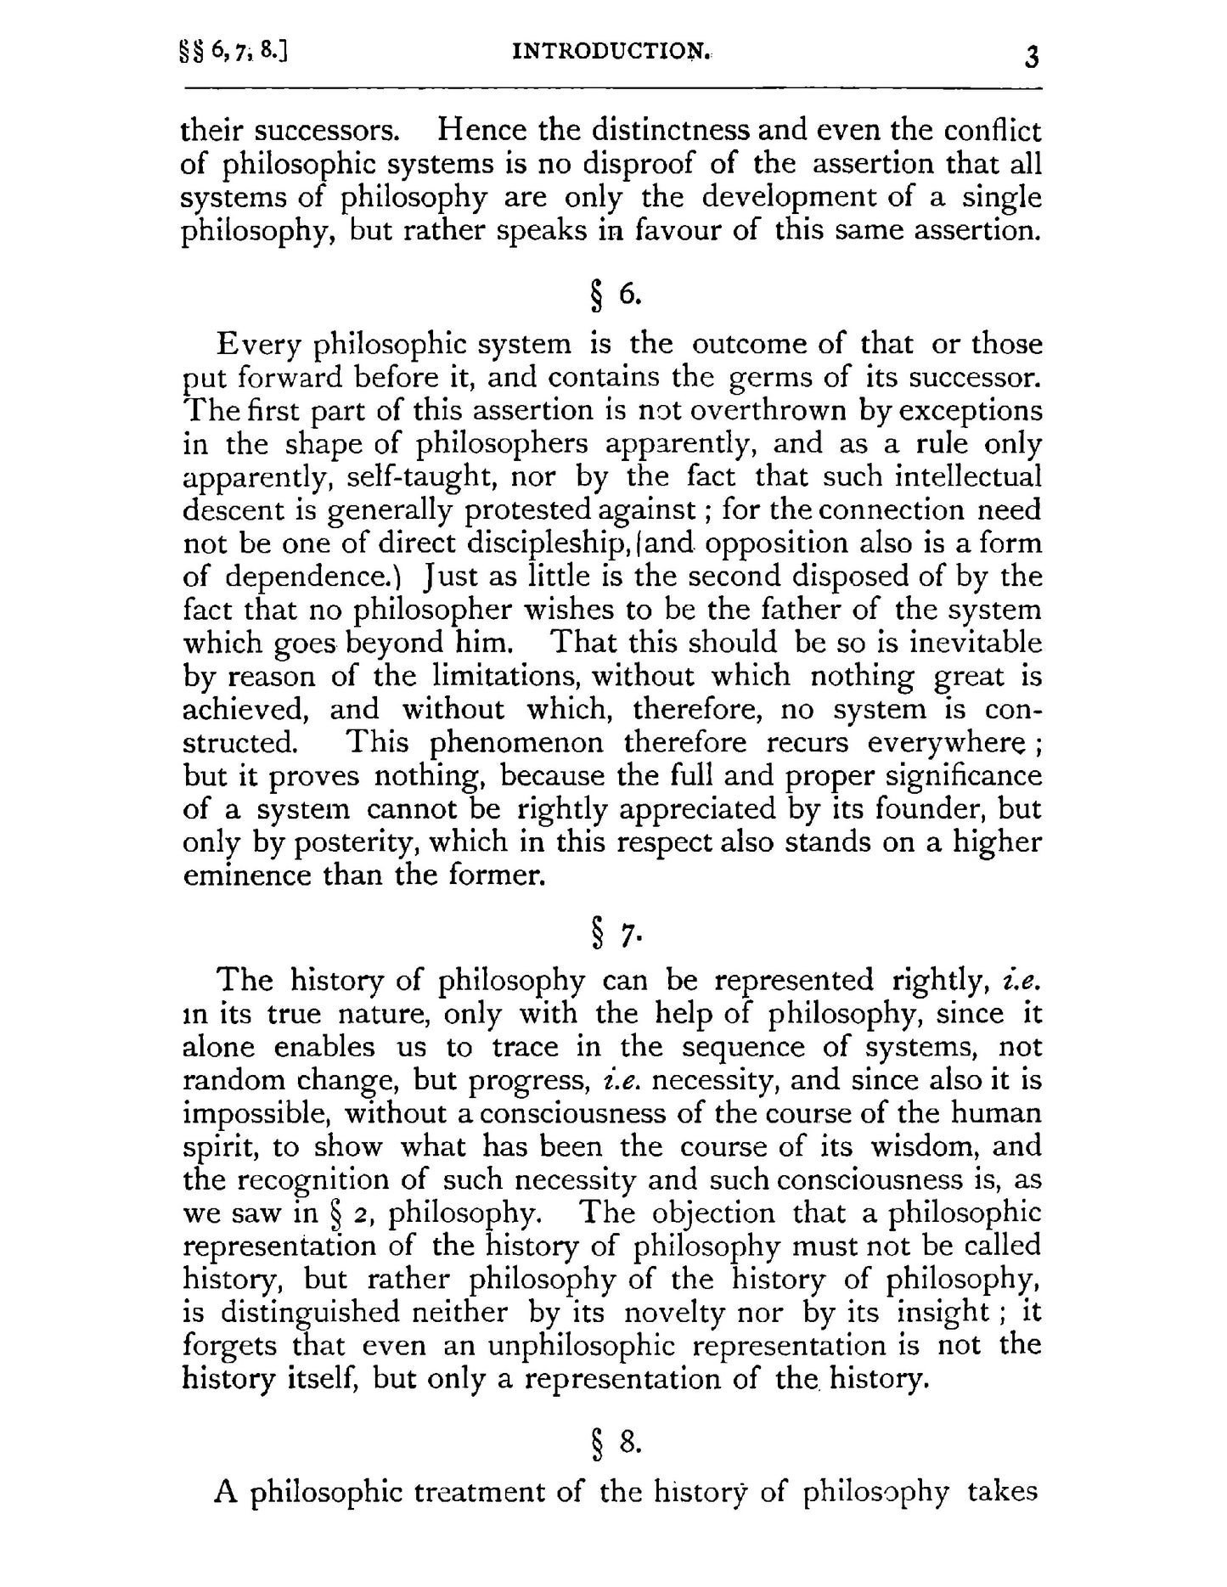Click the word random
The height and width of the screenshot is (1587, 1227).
[234, 1081]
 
